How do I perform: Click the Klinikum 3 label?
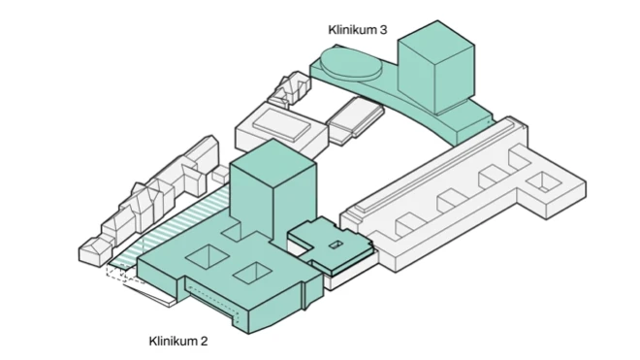coord(357,31)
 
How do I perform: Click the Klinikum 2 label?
coord(177,341)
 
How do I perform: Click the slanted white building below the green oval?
coord(351,122)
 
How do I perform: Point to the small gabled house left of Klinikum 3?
coord(290,92)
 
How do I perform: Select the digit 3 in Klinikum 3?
coord(384,31)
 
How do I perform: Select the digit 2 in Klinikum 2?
coord(204,341)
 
